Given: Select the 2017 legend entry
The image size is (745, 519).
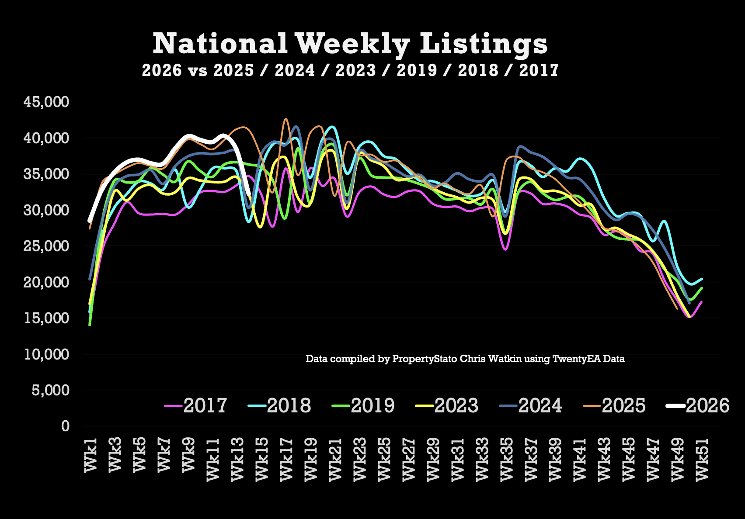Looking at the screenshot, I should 205,406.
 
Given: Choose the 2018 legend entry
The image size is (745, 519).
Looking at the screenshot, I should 289,406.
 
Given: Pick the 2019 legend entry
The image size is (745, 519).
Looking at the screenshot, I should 372,406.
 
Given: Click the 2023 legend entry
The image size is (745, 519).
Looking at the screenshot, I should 456,406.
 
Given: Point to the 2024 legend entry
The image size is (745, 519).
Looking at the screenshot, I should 540,406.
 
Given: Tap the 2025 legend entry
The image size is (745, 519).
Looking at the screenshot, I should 623,406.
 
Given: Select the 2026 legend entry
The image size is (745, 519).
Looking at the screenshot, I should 707,406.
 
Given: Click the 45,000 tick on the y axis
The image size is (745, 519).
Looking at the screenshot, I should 46,102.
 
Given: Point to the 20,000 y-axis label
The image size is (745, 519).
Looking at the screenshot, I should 46,282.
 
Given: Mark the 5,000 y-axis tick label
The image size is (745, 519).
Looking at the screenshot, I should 51,390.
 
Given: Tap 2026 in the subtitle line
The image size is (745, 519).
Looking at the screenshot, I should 162,70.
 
